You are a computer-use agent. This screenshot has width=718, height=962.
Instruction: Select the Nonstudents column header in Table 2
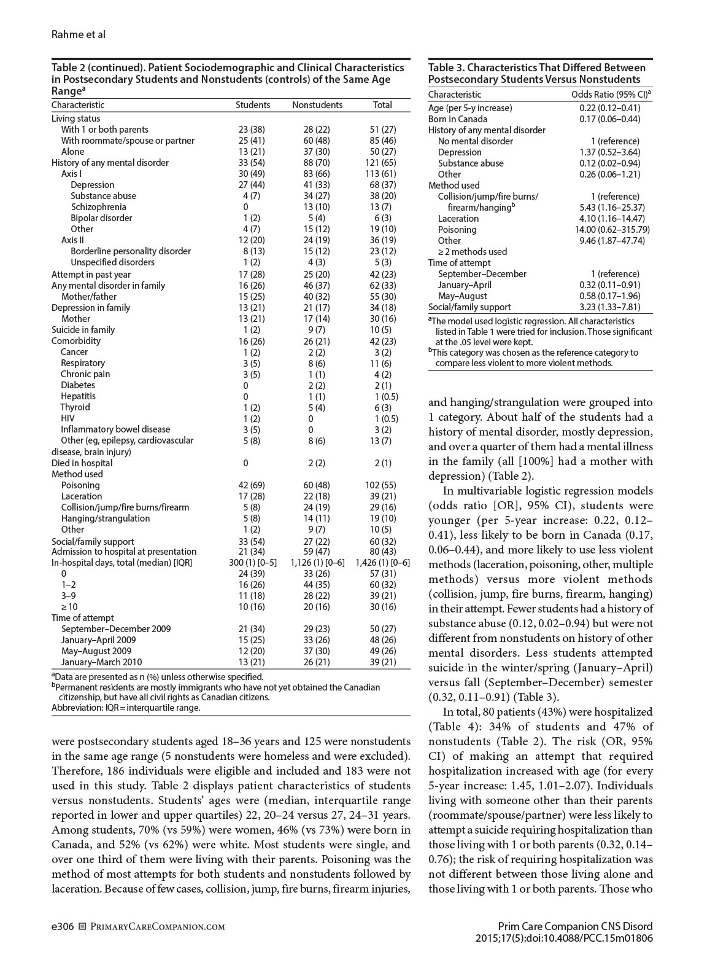tap(317, 105)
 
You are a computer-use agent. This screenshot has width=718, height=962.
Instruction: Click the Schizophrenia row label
tap(98, 207)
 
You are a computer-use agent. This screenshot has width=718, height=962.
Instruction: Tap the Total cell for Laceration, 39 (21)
tap(382, 496)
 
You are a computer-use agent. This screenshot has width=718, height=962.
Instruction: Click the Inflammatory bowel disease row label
tap(115, 429)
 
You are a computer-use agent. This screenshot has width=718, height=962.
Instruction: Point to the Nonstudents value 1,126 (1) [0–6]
tap(317, 563)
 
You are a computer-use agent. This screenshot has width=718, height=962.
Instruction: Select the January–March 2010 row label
tap(101, 662)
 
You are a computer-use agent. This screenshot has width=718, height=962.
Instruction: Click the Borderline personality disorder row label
tap(131, 251)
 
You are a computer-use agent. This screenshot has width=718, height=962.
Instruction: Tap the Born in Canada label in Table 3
tap(458, 119)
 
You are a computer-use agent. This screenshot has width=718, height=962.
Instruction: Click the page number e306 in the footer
tap(62, 926)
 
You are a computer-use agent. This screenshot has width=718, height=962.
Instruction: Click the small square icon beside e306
tap(83, 926)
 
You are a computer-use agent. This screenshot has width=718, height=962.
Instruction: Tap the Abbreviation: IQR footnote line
tap(126, 708)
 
